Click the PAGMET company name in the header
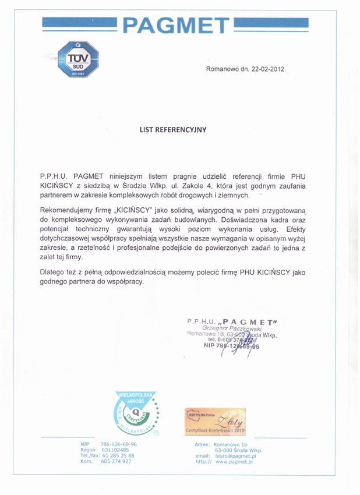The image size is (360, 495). [177, 25]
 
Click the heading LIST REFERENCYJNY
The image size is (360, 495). [172, 130]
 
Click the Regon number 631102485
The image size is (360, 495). [115, 450]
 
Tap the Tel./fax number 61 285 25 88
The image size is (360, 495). [118, 455]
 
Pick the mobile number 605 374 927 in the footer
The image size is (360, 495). [116, 461]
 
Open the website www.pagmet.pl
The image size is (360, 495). [234, 461]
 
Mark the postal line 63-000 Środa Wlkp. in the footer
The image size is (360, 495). [239, 450]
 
